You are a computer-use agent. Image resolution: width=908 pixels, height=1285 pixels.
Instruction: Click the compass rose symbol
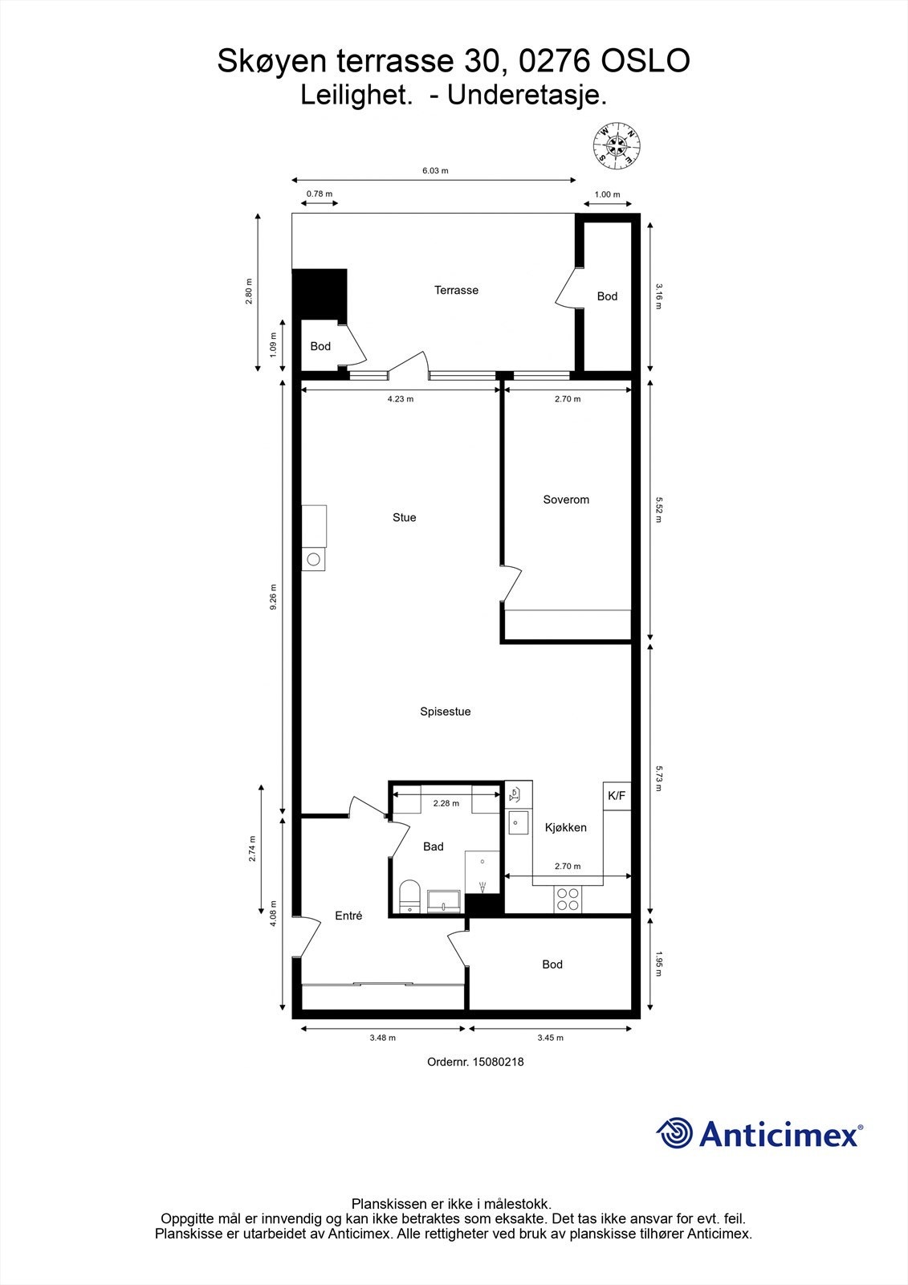point(617,145)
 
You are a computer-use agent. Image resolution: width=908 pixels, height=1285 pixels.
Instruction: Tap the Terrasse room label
point(456,290)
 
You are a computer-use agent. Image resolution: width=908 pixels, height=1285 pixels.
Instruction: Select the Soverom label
point(566,500)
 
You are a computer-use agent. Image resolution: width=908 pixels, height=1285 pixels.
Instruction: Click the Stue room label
point(404,517)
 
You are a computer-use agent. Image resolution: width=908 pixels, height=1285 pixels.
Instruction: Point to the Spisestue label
point(445,712)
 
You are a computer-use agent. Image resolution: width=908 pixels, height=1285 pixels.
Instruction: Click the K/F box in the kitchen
point(617,796)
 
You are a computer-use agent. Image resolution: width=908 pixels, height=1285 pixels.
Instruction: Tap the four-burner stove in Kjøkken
point(568,899)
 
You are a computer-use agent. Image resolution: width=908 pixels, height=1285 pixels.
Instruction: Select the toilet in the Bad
point(410,896)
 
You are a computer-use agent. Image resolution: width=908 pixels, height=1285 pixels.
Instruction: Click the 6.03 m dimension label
point(435,170)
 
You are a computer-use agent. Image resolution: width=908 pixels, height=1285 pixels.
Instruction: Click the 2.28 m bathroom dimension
point(446,803)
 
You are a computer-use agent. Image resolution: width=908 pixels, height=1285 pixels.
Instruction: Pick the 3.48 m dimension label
point(382,1038)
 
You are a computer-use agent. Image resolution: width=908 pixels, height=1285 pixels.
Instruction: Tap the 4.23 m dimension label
point(400,399)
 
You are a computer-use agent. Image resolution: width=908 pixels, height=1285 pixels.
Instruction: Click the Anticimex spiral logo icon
point(674,1133)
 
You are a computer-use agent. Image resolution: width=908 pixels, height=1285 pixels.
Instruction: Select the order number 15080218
point(498,1062)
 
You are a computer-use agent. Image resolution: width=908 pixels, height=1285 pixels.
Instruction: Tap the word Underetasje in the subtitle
point(527,96)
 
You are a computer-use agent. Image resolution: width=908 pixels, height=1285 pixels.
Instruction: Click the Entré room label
point(348,916)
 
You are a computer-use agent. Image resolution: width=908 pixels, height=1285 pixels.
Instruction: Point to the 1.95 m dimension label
point(659,964)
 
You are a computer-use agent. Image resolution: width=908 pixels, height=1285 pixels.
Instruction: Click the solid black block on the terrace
point(320,294)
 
